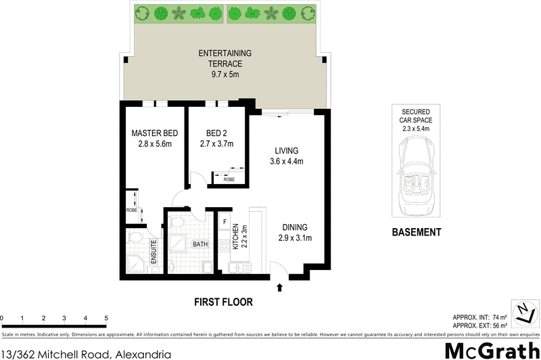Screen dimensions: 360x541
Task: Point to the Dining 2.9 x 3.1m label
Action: click(295, 233)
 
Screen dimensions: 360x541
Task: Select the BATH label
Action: click(201, 244)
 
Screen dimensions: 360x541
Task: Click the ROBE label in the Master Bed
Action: click(131, 210)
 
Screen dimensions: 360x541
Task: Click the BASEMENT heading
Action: click(417, 232)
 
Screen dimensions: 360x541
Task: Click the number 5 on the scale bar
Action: click(106, 318)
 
